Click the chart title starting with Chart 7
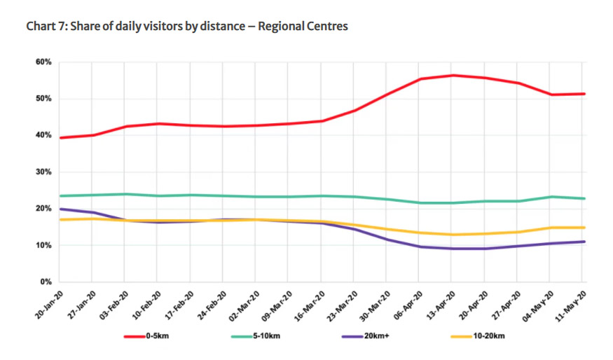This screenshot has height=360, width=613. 187,27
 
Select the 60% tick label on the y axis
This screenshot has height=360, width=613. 43,62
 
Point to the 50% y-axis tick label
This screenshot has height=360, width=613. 43,99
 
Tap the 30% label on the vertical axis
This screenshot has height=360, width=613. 43,172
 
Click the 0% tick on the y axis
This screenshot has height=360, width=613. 45,282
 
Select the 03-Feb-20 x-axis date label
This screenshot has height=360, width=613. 113,303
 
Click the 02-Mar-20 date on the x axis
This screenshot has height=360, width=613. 244,303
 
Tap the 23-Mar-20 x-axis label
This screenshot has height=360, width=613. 343,303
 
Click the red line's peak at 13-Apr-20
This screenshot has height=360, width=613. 452,75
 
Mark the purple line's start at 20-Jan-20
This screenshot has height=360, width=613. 60,209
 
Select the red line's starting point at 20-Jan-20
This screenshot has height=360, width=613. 60,137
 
